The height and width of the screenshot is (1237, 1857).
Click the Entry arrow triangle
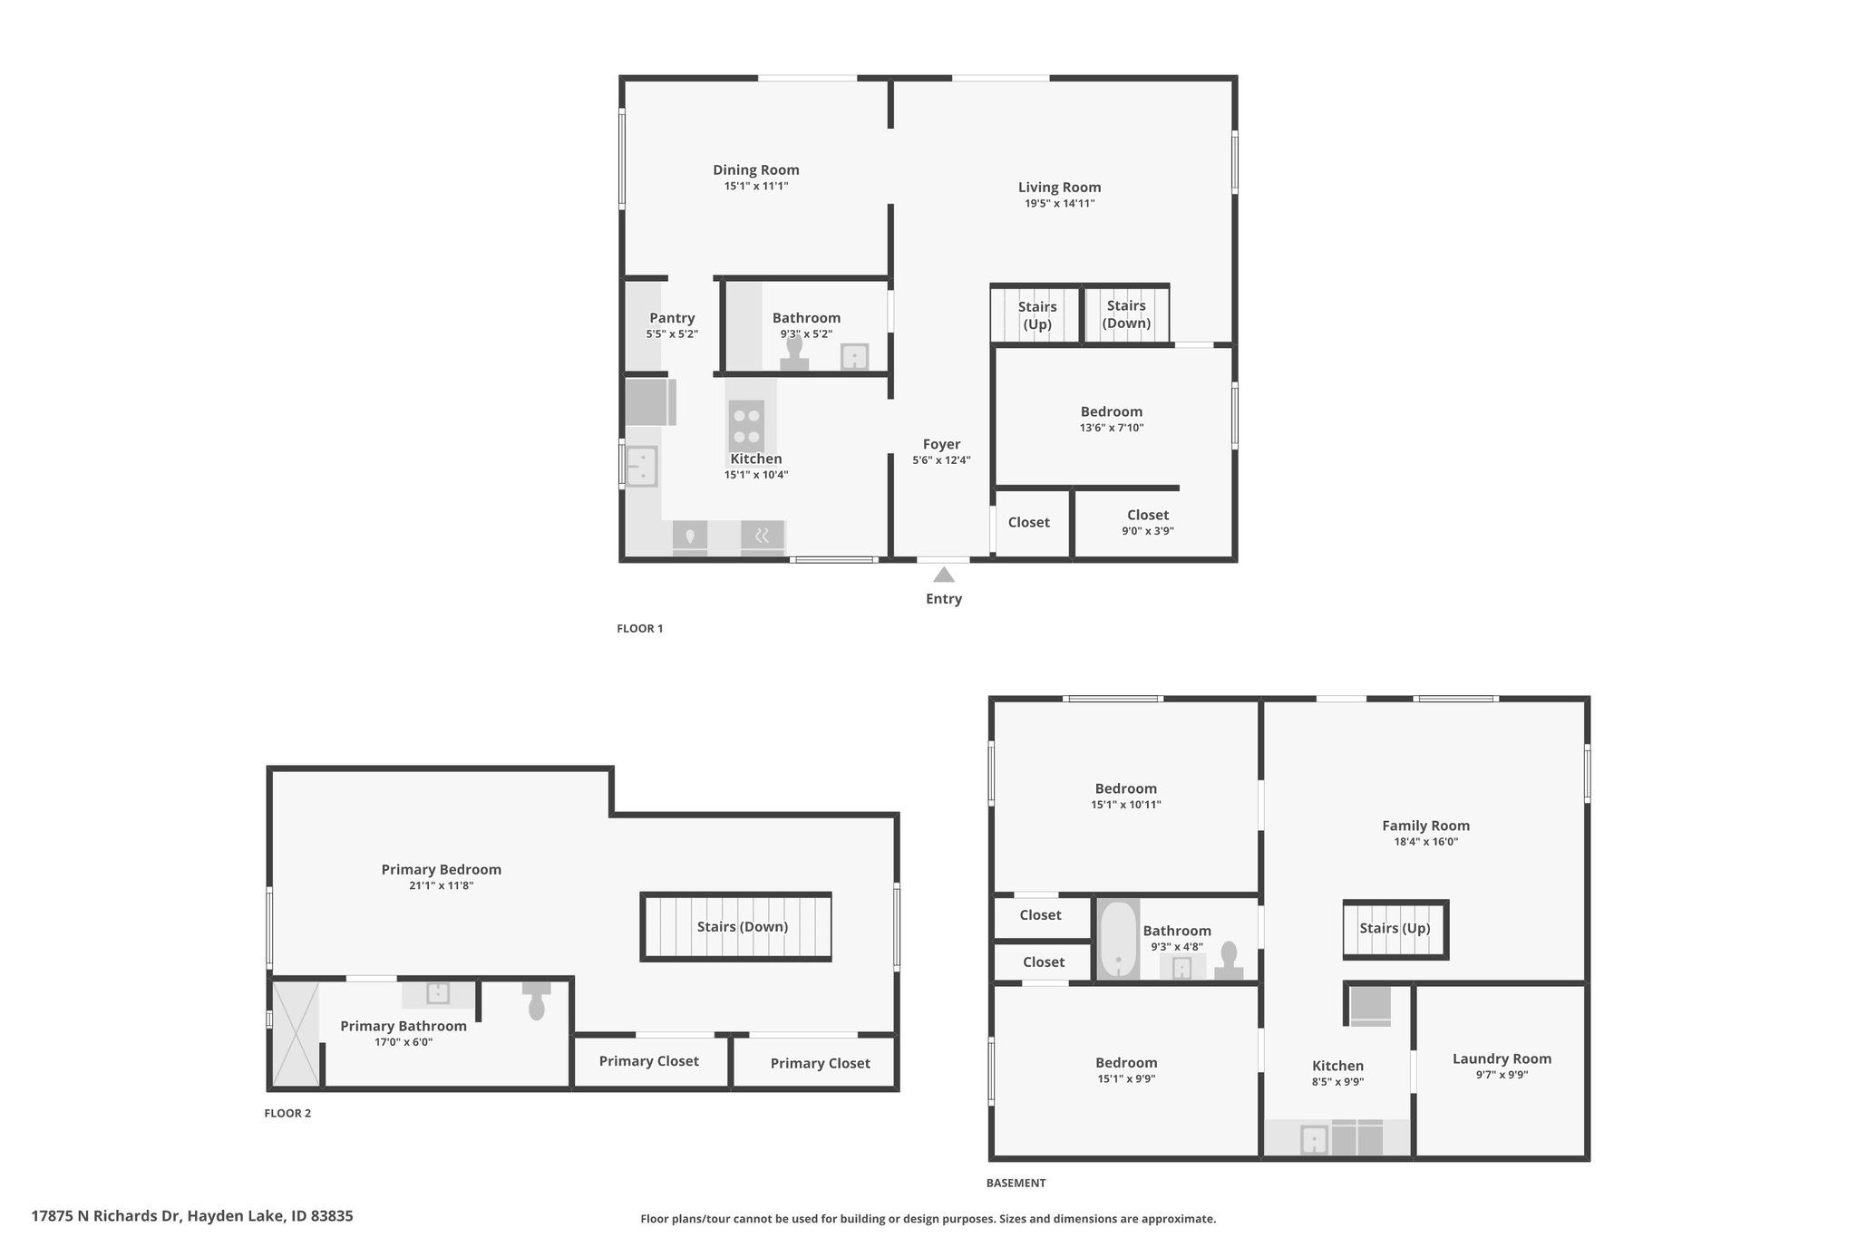(x=944, y=575)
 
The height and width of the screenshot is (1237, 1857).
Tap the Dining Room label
(x=756, y=169)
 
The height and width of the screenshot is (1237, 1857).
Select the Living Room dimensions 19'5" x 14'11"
(x=1060, y=204)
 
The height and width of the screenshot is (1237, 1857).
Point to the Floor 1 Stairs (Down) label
(x=1126, y=314)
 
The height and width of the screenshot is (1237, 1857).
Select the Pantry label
(x=672, y=318)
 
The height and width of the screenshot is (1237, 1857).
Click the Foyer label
(x=941, y=444)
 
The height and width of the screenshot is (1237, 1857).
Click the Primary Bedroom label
(x=442, y=870)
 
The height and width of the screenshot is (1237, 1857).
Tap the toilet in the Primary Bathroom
(x=536, y=1000)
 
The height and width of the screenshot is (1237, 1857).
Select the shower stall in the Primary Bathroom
(x=296, y=1033)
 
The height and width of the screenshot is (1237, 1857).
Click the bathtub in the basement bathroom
(x=1119, y=940)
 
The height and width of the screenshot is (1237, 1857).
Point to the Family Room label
(x=1426, y=826)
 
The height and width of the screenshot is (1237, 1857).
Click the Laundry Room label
(x=1502, y=1058)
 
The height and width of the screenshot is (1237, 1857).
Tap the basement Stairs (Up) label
(x=1395, y=928)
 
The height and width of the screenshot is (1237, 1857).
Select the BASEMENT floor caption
(x=1016, y=1183)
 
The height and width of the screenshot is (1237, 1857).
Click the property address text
(x=192, y=1216)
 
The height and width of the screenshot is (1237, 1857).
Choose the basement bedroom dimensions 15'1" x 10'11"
(x=1126, y=805)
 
